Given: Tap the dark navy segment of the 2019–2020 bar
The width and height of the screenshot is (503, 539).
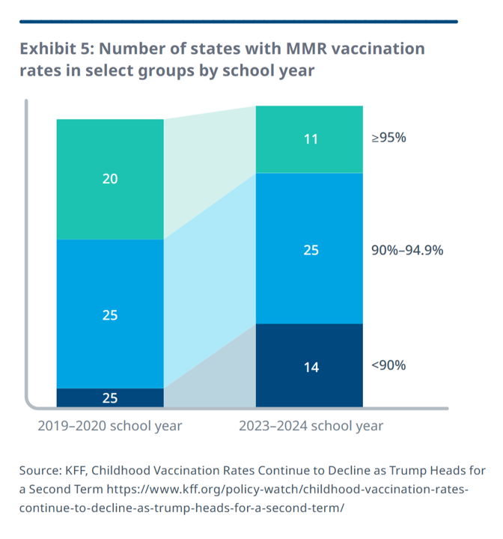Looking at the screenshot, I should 110,398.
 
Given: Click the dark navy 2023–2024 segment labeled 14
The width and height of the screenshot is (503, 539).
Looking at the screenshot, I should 309,366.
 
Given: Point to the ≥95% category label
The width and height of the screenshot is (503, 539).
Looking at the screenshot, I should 388,138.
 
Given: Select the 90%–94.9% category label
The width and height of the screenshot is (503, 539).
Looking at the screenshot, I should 407,250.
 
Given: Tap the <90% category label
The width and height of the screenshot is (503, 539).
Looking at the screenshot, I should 388,365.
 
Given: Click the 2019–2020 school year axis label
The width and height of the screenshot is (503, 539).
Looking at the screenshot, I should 110,426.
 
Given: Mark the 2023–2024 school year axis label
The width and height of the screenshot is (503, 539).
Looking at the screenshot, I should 311,426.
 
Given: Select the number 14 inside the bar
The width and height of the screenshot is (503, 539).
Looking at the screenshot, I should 309,367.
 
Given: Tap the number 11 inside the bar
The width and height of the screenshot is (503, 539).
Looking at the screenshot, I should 309,139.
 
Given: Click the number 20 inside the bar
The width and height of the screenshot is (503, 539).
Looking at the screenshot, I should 110,179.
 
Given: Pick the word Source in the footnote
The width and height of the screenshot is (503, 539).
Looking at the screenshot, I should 42,471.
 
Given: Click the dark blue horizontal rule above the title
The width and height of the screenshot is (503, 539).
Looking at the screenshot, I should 238,22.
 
